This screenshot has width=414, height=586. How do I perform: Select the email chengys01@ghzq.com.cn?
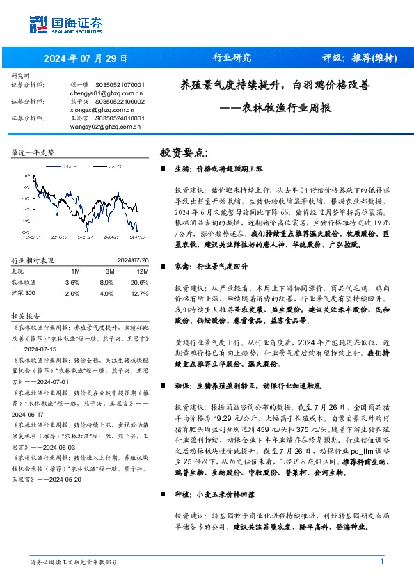click(x=106, y=91)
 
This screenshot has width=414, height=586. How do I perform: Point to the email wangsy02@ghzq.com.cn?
click(x=106, y=126)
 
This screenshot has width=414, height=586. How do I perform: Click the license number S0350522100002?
click(x=119, y=101)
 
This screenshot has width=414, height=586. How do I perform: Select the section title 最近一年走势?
click(x=33, y=152)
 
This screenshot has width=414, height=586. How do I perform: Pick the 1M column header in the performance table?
click(x=75, y=270)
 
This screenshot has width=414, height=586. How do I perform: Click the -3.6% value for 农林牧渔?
click(x=71, y=282)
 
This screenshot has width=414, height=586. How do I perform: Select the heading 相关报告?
click(x=29, y=314)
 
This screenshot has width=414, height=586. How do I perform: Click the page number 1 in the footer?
click(x=381, y=562)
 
